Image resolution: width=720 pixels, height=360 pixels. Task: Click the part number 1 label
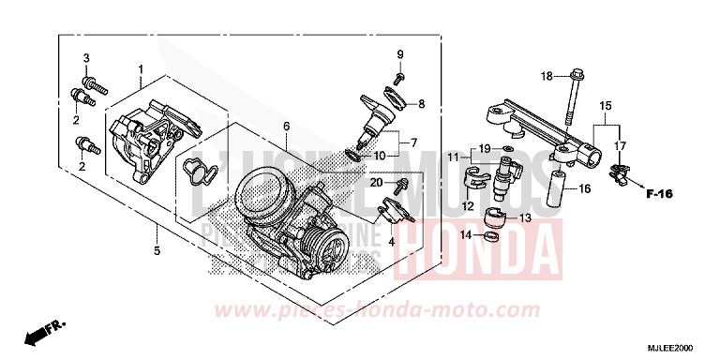[140, 69]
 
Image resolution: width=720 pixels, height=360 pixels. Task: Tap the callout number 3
[85, 59]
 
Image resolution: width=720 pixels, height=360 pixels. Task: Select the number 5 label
[157, 250]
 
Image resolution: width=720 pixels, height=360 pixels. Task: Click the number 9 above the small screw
[398, 53]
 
